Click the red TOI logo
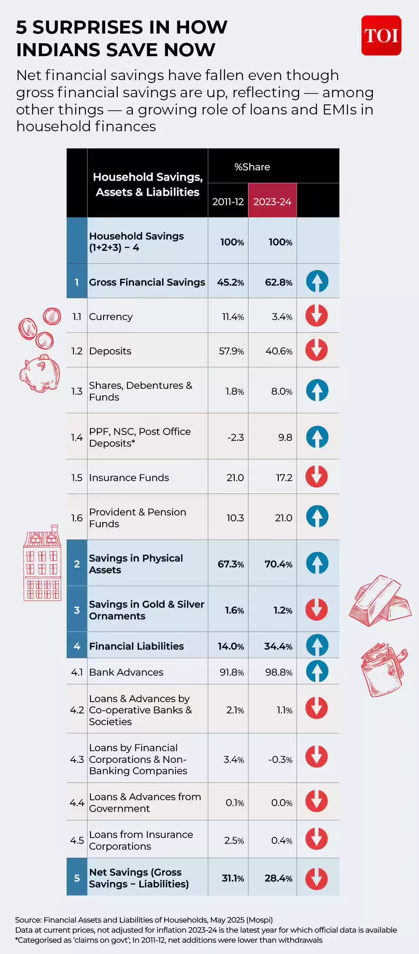tap(381, 36)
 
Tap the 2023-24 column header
tap(272, 202)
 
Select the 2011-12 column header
tap(228, 202)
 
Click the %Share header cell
tap(252, 167)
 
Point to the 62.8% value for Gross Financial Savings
tap(279, 282)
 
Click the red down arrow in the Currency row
tap(316, 316)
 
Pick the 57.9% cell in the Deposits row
tap(231, 351)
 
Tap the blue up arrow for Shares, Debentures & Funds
tap(317, 390)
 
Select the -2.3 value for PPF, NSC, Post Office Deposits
tap(235, 437)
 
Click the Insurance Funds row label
tap(129, 478)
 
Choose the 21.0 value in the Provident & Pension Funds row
tap(284, 518)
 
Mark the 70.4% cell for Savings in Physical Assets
tap(279, 564)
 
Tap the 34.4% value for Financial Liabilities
tap(278, 646)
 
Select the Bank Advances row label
tap(126, 672)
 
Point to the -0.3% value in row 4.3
tap(280, 759)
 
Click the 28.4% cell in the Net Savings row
tap(279, 878)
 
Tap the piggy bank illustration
tap(40, 373)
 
